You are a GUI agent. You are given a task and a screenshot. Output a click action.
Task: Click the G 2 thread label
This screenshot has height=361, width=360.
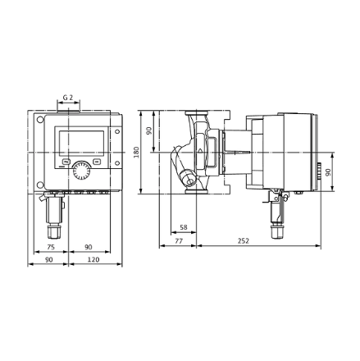pyautogui.click(x=68, y=97)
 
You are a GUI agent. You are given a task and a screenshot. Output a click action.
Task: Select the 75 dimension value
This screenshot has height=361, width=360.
pyautogui.click(x=51, y=247)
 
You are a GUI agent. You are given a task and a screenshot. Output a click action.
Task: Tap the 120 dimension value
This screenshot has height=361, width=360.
pyautogui.click(x=93, y=259)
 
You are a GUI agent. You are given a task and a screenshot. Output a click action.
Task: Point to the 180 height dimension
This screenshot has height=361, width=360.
pyautogui.click(x=136, y=152)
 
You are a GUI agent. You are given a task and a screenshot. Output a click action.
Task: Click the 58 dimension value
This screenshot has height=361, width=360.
pyautogui.click(x=184, y=227)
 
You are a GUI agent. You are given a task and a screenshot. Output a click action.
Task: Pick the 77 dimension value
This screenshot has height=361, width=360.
pyautogui.click(x=179, y=240)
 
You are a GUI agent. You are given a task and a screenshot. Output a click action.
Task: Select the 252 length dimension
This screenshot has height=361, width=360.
pyautogui.click(x=244, y=240)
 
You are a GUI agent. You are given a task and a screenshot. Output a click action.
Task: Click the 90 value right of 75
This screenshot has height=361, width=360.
pyautogui.click(x=89, y=247)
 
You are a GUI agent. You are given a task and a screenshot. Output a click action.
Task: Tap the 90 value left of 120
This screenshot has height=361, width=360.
pyautogui.click(x=49, y=259)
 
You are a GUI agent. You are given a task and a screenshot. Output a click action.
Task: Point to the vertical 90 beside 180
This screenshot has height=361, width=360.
pyautogui.click(x=149, y=130)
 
